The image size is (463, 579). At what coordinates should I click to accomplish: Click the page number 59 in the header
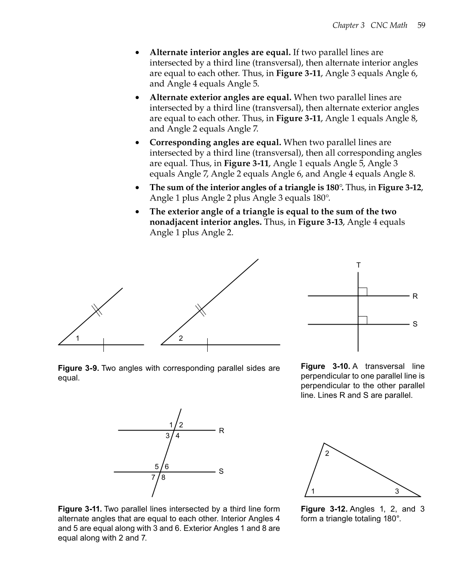[421, 25]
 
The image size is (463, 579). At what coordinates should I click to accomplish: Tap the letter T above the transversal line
[358, 265]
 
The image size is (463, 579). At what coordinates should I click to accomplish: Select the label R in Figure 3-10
[415, 296]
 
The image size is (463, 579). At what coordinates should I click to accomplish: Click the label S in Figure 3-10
[415, 324]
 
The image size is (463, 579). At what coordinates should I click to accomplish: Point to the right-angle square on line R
[363, 291]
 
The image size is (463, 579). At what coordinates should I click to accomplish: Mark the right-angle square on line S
[363, 320]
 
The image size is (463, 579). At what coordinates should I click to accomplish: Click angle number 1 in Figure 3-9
[77, 338]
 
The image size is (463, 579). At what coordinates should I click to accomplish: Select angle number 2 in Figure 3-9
[181, 338]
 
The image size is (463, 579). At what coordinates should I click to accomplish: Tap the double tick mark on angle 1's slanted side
[97, 311]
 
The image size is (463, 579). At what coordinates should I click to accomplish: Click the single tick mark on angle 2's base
[207, 345]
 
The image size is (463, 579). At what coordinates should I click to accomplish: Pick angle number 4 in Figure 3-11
[177, 436]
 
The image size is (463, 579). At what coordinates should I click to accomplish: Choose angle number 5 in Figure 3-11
[157, 467]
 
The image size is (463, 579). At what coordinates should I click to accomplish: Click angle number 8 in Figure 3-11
[163, 477]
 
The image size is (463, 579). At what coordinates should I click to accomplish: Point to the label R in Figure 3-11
[221, 431]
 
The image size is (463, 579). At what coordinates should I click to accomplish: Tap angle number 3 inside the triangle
[397, 491]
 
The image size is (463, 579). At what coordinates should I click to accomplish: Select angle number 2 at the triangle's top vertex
[327, 454]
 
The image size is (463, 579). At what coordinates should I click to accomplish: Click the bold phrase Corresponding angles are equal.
[215, 143]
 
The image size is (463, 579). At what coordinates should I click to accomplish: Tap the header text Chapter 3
[348, 25]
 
